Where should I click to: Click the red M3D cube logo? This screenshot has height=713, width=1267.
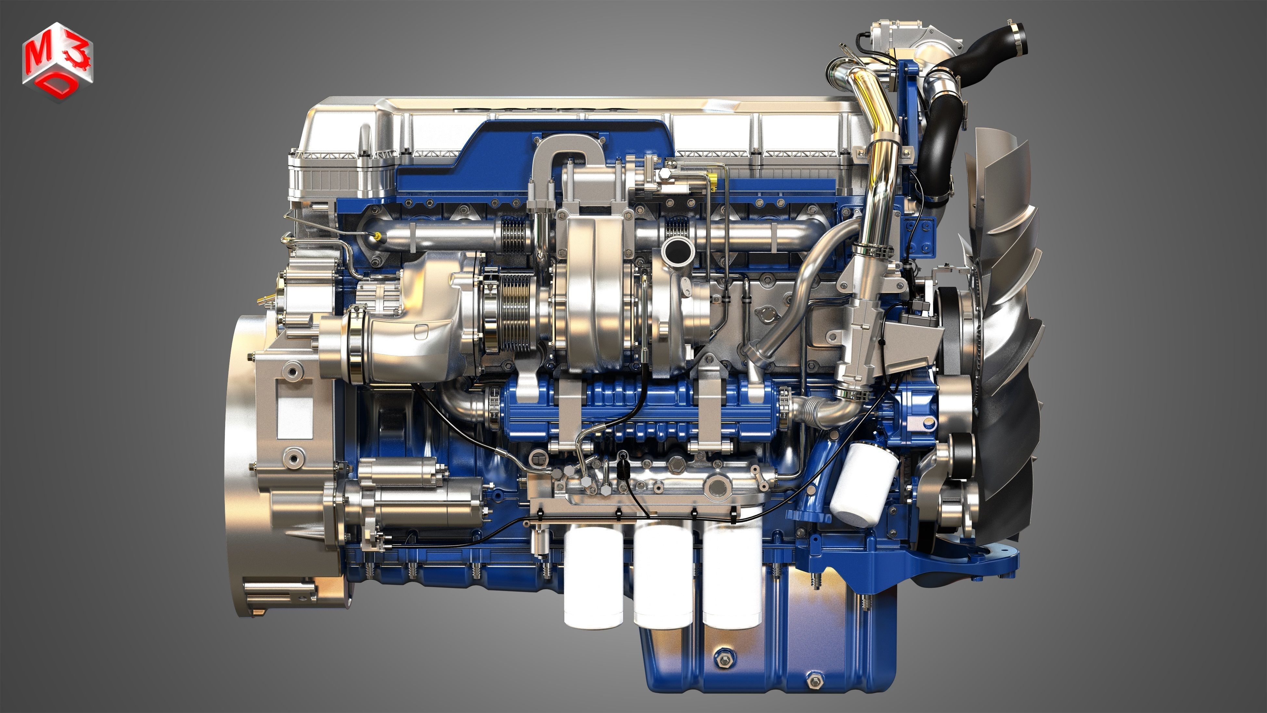click(x=57, y=61)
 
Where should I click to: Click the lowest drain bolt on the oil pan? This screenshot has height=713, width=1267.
click(x=815, y=681)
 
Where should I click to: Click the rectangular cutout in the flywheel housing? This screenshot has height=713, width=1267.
click(x=295, y=417)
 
